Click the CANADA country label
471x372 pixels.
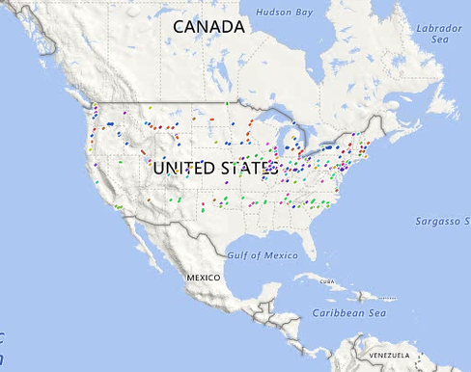[x=208, y=27]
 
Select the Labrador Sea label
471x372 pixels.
[x=439, y=34]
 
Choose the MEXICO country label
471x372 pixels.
[x=204, y=277]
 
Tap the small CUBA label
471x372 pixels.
[x=332, y=281]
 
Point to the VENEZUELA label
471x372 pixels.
[x=388, y=355]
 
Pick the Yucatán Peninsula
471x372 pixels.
[x=274, y=294]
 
